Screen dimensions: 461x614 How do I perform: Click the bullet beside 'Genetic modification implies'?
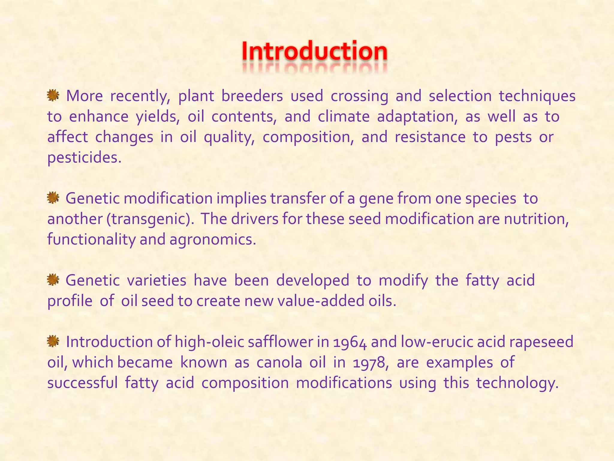pos(53,198)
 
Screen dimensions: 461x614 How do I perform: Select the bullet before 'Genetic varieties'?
pos(53,280)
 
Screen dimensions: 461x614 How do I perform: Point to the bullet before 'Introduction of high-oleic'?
pos(53,341)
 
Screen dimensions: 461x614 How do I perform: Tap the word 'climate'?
pos(344,116)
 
